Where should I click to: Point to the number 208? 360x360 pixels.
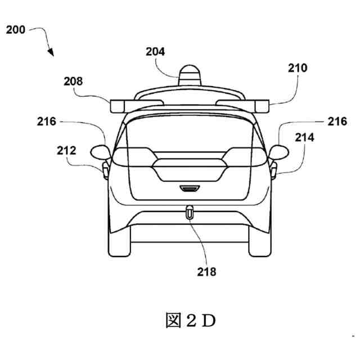tap(73, 82)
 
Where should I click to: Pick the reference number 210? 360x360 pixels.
tap(298, 69)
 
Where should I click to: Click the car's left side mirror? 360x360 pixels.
tap(100, 151)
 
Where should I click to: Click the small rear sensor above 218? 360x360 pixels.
tap(190, 213)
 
